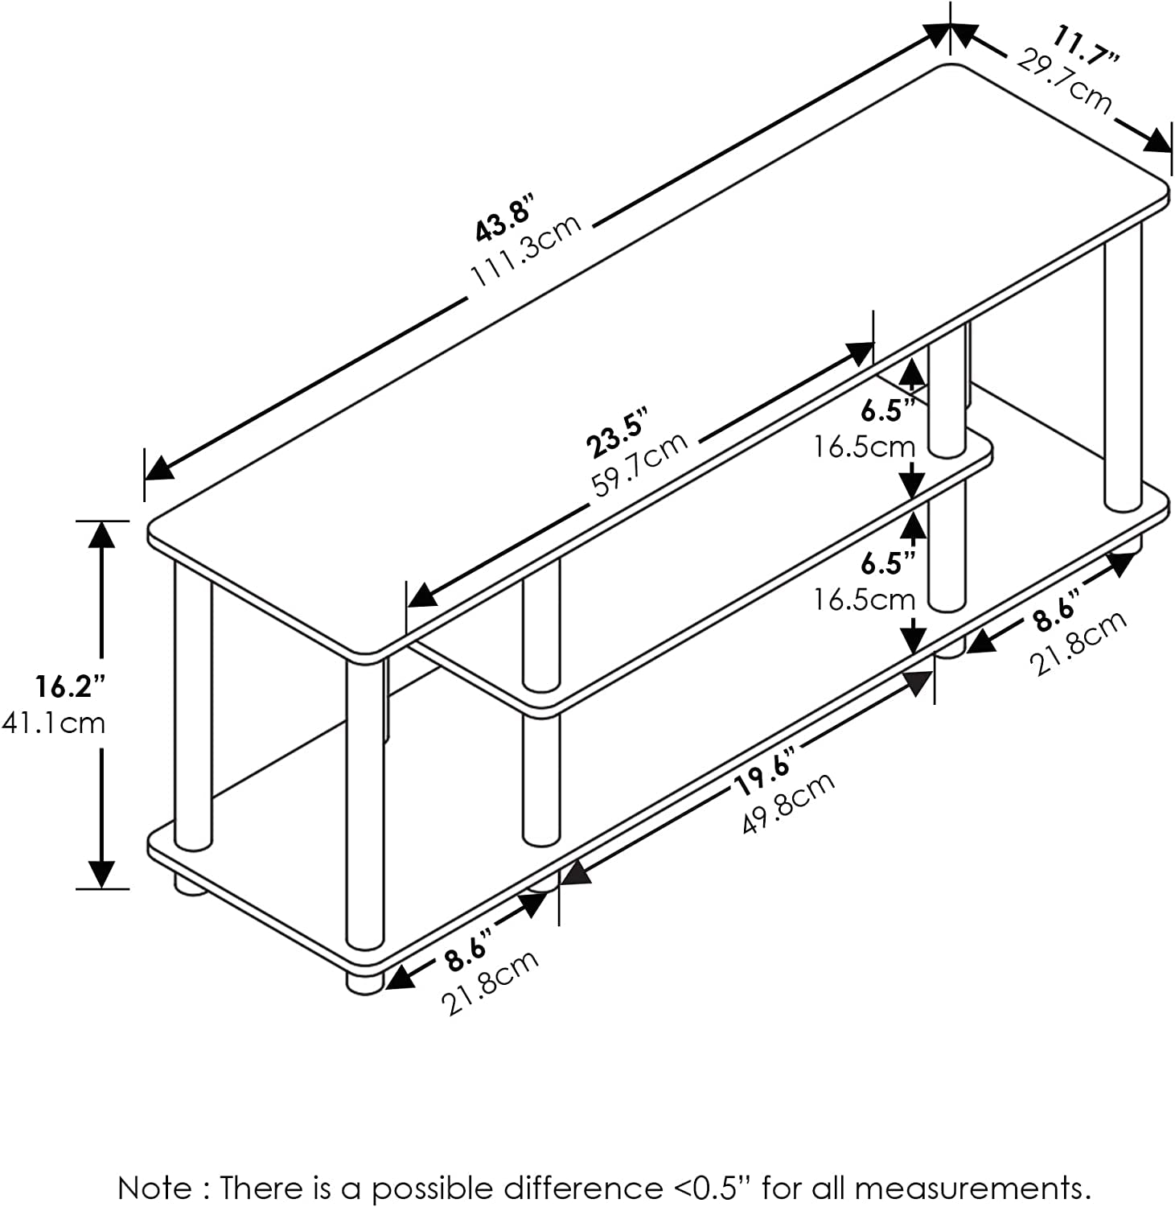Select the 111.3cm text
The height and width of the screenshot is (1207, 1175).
[526, 250]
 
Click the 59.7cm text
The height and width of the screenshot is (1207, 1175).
[640, 465]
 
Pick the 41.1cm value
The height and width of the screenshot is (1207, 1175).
[53, 723]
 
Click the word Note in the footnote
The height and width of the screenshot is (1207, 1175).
[155, 1188]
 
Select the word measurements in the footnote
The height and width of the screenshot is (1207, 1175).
[971, 1188]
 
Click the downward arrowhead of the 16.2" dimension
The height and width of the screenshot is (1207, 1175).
[101, 874]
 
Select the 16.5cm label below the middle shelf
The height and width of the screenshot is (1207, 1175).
[864, 599]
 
